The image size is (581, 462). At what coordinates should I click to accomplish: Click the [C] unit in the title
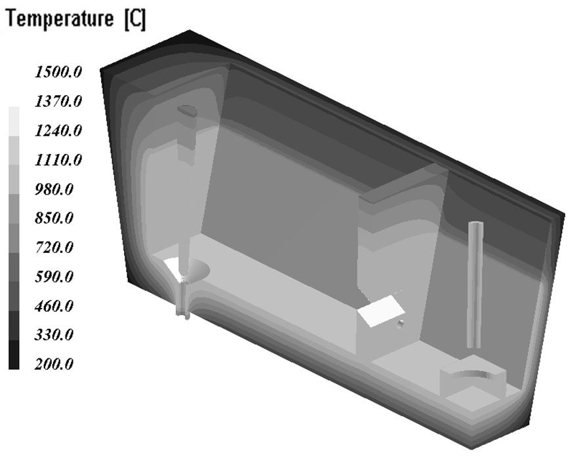(135, 19)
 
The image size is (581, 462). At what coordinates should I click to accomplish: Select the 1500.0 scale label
(58, 72)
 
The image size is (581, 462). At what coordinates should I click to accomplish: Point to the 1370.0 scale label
(58, 101)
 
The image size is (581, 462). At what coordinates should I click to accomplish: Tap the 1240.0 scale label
(58, 130)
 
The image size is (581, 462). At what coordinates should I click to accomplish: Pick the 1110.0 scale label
(58, 160)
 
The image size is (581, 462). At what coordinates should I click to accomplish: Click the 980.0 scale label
(54, 189)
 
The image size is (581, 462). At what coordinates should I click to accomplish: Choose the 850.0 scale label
(54, 218)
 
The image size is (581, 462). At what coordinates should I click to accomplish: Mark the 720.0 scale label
(54, 247)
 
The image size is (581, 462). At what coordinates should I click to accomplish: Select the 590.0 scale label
(54, 277)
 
